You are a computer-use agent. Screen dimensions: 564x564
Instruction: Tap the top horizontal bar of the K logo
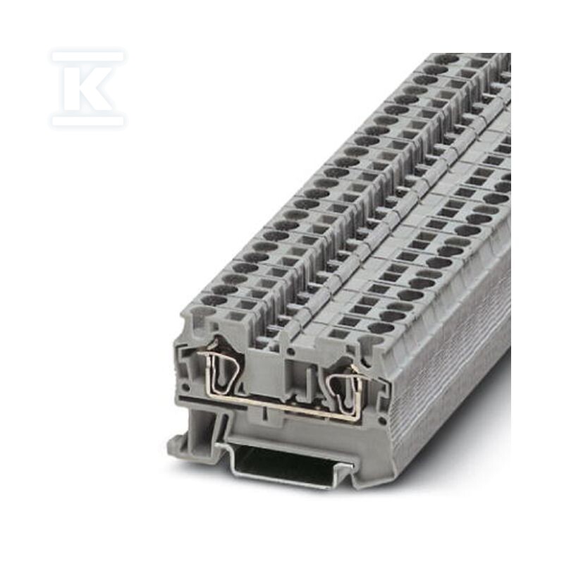[x=88, y=56]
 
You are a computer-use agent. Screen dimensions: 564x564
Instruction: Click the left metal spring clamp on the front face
[x=217, y=374]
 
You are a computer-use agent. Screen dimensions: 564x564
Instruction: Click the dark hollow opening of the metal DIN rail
[x=288, y=463]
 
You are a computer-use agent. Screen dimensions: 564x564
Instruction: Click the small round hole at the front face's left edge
[x=185, y=388]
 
